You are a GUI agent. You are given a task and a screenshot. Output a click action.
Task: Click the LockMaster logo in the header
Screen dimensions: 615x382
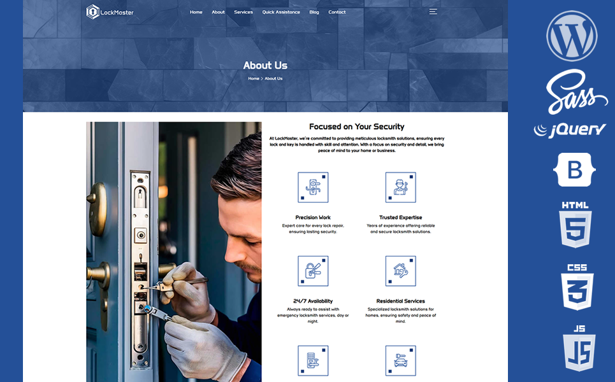[110, 11]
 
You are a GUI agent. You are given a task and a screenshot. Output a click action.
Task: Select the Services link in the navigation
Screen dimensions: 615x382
[243, 12]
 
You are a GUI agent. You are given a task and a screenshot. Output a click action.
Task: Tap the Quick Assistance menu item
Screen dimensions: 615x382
[281, 12]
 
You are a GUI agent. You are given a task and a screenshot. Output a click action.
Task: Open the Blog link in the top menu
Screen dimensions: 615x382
[314, 12]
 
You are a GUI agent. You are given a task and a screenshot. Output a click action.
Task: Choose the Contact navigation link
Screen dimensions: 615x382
[337, 12]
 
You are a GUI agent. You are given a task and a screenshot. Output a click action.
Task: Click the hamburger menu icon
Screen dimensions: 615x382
[433, 11]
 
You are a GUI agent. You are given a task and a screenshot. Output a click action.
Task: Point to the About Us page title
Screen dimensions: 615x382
[265, 66]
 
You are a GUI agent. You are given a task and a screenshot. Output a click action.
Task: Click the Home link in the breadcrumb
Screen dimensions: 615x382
[254, 78]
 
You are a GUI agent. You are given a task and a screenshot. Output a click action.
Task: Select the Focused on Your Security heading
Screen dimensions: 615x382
[356, 127]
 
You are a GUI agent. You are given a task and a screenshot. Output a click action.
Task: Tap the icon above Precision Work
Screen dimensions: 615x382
[313, 187]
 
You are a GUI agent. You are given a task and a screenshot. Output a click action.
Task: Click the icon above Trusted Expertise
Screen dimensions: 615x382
[400, 187]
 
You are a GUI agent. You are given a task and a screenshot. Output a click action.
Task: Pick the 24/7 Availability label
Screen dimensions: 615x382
[313, 301]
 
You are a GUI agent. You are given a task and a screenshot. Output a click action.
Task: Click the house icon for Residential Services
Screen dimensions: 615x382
[400, 271]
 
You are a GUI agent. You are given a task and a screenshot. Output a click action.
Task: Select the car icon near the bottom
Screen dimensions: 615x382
[400, 361]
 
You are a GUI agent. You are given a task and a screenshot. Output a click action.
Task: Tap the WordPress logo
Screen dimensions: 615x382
[572, 36]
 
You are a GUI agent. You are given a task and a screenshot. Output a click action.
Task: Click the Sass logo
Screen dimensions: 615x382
[575, 92]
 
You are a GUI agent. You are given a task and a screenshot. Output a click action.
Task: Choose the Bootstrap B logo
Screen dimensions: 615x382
[575, 169]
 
